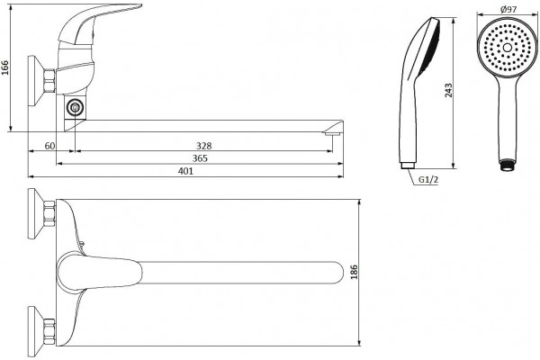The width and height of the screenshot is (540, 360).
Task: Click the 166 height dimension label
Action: (4, 67)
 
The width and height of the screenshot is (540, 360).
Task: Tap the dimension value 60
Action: (49, 146)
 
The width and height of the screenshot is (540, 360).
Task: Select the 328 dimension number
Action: (204, 146)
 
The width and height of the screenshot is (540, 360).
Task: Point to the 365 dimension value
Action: (200, 158)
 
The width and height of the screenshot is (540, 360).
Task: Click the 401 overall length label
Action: (185, 171)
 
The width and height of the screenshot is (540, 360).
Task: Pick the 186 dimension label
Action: (354, 272)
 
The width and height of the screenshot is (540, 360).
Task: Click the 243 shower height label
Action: (448, 90)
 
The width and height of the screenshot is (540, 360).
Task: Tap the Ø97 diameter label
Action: (508, 9)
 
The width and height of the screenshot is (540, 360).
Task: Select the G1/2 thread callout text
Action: (428, 179)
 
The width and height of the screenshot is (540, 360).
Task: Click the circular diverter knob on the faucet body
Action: (75, 108)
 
